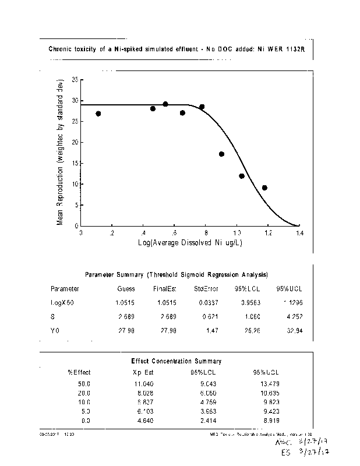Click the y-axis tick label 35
tap(75, 79)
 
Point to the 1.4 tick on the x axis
tap(299, 232)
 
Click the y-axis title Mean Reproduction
tap(60, 152)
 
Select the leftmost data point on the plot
tap(98, 114)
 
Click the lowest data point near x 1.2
tap(264, 188)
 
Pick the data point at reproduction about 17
tap(221, 154)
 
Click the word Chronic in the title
tap(61, 50)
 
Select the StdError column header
tap(206, 288)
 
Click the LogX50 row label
tap(62, 302)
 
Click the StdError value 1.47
tap(211, 331)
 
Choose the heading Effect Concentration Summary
tap(177, 361)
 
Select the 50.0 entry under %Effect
tap(84, 384)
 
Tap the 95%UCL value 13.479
tap(269, 384)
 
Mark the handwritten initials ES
tap(285, 452)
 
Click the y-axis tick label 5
tap(76, 205)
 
